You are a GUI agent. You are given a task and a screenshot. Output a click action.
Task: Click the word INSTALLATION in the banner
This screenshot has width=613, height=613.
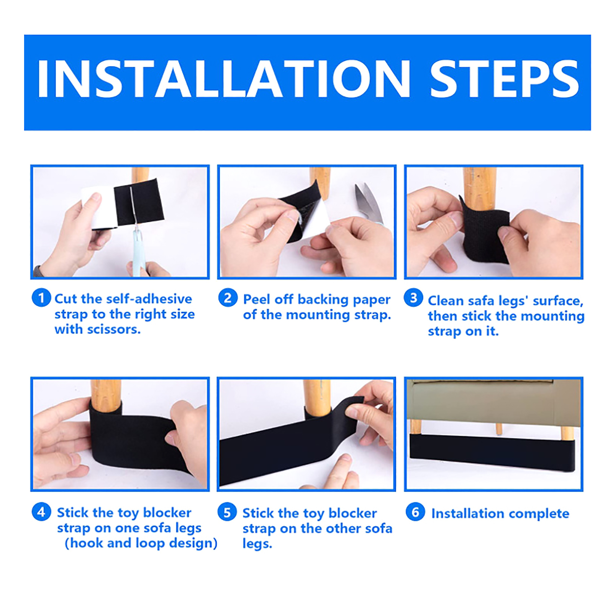point(224,79)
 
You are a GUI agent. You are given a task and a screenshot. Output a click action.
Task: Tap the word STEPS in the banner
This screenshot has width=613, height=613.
point(504,79)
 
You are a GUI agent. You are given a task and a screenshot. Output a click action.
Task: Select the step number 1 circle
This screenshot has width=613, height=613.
point(41,298)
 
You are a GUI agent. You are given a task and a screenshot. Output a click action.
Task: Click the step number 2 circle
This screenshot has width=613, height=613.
point(228,298)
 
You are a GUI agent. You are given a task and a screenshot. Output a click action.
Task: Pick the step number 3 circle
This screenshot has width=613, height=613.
point(413,298)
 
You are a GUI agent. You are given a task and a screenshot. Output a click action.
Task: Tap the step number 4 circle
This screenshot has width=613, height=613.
point(41,511)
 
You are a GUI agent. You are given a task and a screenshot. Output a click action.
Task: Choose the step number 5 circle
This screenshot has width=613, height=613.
point(227,512)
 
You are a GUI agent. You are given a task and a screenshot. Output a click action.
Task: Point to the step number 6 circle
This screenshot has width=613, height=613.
point(415,512)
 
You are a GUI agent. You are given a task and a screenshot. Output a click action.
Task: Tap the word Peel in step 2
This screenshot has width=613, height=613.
point(258,299)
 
